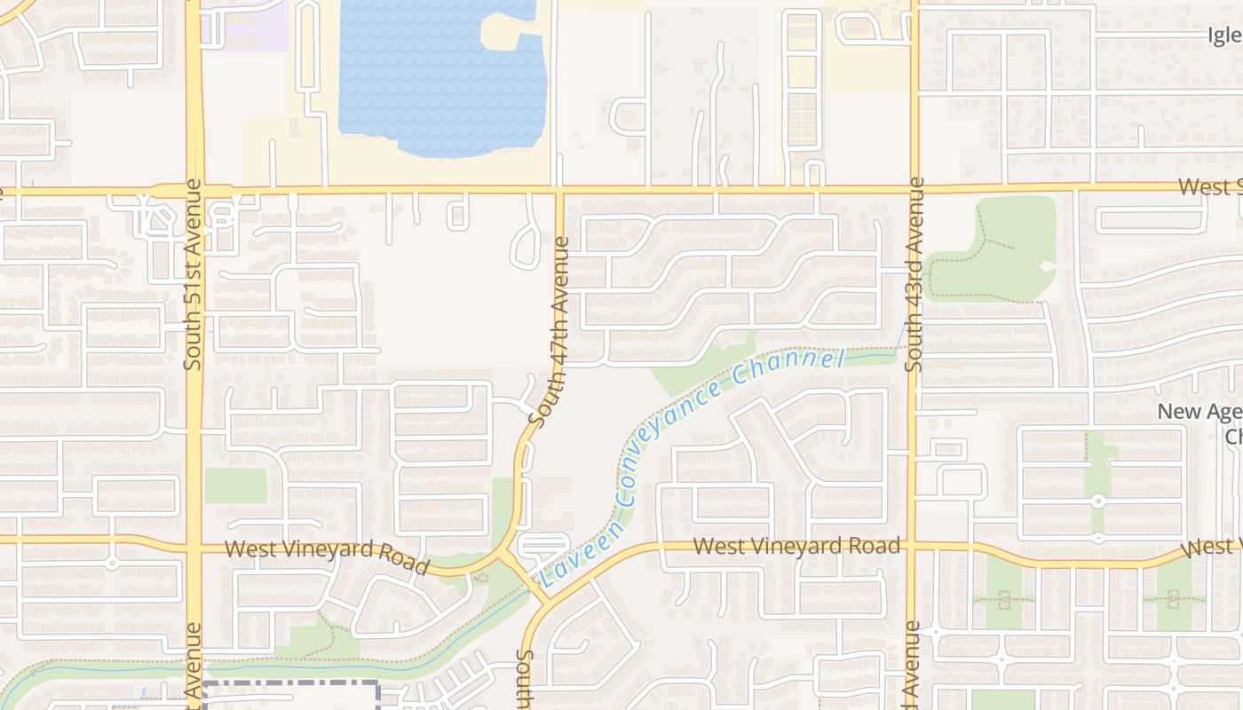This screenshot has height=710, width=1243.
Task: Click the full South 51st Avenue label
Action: pyautogui.click(x=194, y=274)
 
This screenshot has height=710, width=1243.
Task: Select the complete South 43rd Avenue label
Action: pyautogui.click(x=915, y=274)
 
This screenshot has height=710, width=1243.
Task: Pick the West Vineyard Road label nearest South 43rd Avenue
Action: pyautogui.click(x=796, y=545)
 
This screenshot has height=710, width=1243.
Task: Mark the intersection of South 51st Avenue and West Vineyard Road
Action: pyautogui.click(x=194, y=541)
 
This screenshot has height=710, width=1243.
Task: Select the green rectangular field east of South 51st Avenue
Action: pyautogui.click(x=235, y=485)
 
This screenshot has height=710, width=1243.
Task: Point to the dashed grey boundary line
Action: pyautogui.click(x=293, y=685)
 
